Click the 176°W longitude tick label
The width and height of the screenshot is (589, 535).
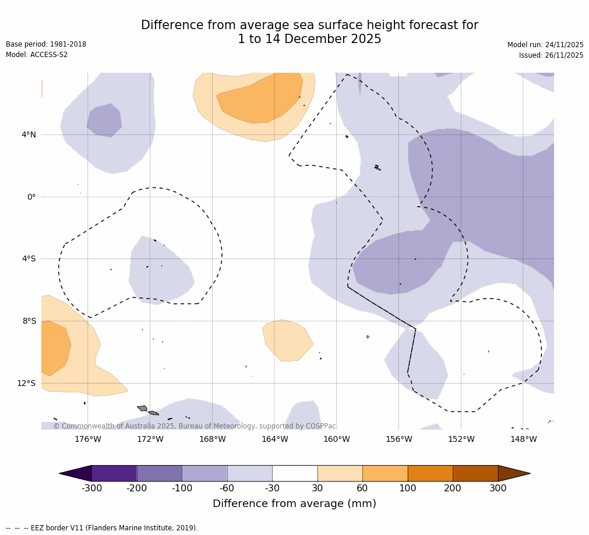87,439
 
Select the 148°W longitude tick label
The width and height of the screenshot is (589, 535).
523,439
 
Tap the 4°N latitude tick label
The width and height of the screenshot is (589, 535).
29,134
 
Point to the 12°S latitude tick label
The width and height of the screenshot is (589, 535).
26,383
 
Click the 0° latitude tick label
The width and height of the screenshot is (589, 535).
31,197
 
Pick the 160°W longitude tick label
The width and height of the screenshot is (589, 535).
337,439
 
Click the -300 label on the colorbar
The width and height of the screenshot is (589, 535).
92,488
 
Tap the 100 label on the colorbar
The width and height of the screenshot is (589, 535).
408,488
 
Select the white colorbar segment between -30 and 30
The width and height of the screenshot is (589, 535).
295,473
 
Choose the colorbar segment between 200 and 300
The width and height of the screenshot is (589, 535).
475,473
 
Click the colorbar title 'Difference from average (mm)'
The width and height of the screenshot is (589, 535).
294,504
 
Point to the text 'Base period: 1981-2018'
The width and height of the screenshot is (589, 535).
46,44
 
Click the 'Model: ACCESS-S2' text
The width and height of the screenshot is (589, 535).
37,55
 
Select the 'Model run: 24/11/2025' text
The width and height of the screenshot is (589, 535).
545,45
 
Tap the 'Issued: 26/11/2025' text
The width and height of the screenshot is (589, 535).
551,55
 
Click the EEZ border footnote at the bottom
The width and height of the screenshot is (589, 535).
102,528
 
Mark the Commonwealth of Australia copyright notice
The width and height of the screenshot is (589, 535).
195,426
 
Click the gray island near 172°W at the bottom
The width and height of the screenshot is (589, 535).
143,408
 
